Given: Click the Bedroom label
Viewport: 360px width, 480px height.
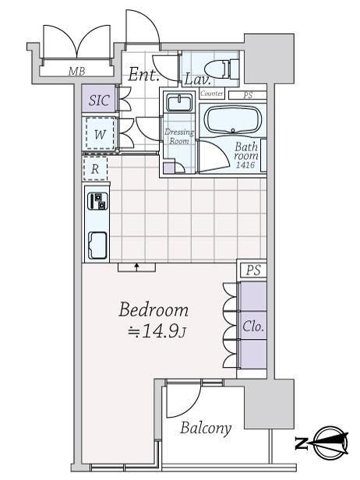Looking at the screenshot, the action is point(154,310).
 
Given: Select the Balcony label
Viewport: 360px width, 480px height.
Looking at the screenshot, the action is point(206,429).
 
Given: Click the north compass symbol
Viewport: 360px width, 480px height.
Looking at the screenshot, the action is point(322,443).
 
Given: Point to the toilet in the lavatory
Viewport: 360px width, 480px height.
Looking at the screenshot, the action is point(221,68).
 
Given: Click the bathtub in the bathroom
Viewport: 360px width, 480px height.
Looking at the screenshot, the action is point(233,120).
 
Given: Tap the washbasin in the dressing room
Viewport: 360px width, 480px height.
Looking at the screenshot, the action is point(179,103).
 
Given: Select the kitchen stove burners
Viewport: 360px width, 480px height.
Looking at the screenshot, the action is point(97,201).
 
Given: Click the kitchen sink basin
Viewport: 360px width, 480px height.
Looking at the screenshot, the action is point(97,245).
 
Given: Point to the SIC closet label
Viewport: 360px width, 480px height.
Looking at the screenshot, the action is point(99,100).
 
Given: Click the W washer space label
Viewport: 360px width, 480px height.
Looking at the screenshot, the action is point(100,134).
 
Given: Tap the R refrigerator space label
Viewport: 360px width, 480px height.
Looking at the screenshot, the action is point(95,168).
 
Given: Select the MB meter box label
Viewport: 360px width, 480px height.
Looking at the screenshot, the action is point(76,72).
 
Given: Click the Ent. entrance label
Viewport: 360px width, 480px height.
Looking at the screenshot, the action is point(143,74).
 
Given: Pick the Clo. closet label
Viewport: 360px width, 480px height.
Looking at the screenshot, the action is point(252,326).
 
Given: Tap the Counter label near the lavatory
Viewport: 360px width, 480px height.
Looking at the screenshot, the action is point(212,93).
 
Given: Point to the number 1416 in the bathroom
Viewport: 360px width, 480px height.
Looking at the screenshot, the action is point(245,165).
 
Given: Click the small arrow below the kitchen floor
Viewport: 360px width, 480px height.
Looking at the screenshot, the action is point(137,266).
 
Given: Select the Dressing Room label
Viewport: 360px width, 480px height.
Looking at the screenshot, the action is point(179,136).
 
